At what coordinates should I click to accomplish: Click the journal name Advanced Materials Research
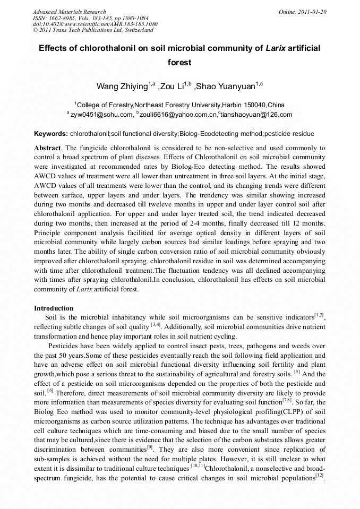(x=69, y=12)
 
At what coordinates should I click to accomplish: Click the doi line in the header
(x=95, y=24)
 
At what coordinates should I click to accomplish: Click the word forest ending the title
(x=179, y=62)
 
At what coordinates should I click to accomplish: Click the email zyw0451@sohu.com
(x=101, y=115)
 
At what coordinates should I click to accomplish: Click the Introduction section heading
(x=54, y=308)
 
